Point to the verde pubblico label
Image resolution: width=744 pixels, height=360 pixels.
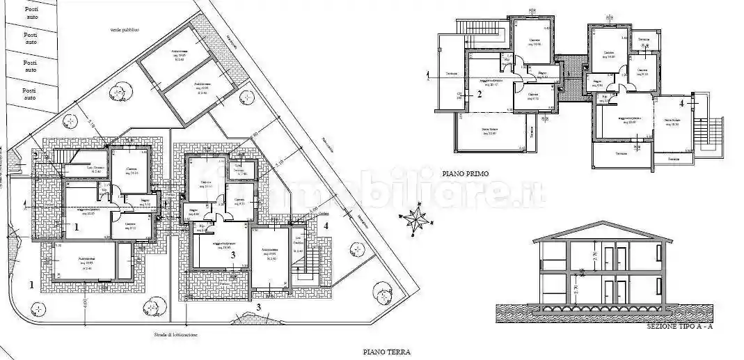tap(124, 30)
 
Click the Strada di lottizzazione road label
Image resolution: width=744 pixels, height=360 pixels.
tap(176, 335)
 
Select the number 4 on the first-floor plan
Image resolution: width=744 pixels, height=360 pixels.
tap(681, 103)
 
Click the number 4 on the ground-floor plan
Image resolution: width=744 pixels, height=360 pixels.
tap(326, 225)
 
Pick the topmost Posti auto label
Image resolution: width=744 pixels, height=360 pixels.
tap(31, 12)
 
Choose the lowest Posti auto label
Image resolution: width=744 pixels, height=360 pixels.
tap(29, 94)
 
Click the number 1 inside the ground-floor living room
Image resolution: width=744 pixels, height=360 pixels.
tap(77, 226)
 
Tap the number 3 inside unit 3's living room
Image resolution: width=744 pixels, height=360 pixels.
tap(232, 256)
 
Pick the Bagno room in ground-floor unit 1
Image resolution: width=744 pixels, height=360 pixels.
tap(145, 203)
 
